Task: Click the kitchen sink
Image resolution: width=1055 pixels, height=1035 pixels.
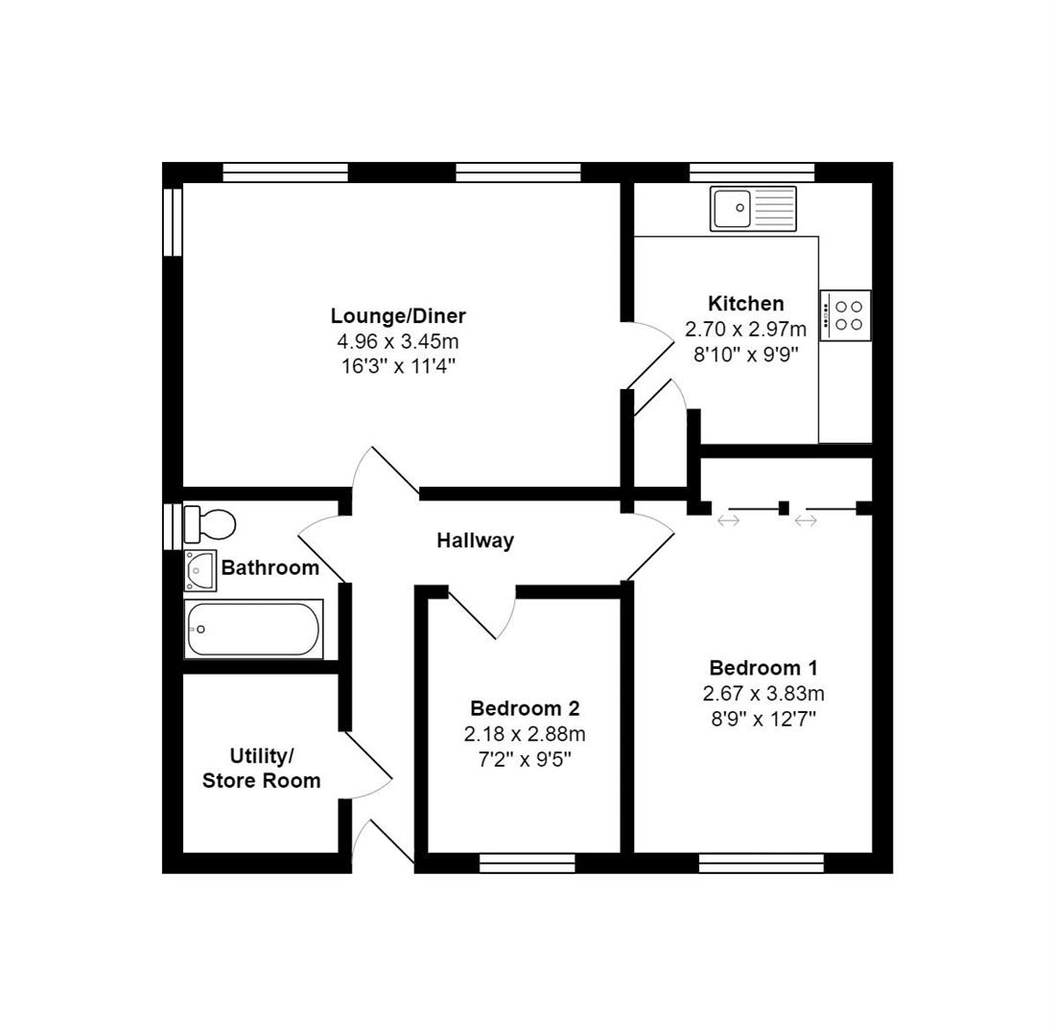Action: click(x=753, y=209)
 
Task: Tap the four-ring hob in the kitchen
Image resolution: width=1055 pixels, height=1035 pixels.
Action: click(x=846, y=315)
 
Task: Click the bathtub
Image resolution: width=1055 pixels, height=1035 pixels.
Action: click(x=254, y=630)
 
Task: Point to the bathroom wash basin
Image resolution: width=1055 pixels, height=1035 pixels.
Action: click(x=200, y=570)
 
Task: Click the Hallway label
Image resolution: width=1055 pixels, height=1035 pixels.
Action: click(x=475, y=540)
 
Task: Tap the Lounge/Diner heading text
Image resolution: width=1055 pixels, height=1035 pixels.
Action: click(x=398, y=316)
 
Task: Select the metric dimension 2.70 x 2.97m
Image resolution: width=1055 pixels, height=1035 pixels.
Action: click(x=745, y=329)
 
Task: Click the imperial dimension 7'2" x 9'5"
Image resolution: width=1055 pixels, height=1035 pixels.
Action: click(x=525, y=759)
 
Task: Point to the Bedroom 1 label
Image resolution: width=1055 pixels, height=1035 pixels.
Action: click(x=763, y=668)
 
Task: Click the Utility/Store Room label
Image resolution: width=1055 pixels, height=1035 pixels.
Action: click(x=261, y=769)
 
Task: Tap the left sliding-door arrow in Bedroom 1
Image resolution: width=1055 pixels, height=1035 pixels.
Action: click(x=729, y=520)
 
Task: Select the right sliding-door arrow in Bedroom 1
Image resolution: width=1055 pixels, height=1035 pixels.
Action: click(x=806, y=520)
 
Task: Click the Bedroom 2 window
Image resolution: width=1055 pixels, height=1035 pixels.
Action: click(x=527, y=863)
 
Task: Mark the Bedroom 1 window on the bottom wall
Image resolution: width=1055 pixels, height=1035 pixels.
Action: click(x=762, y=863)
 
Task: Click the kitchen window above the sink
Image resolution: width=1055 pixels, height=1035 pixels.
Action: click(x=752, y=172)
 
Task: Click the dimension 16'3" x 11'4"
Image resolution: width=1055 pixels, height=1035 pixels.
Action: click(x=398, y=365)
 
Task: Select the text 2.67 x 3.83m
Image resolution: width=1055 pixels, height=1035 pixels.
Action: click(x=763, y=693)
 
